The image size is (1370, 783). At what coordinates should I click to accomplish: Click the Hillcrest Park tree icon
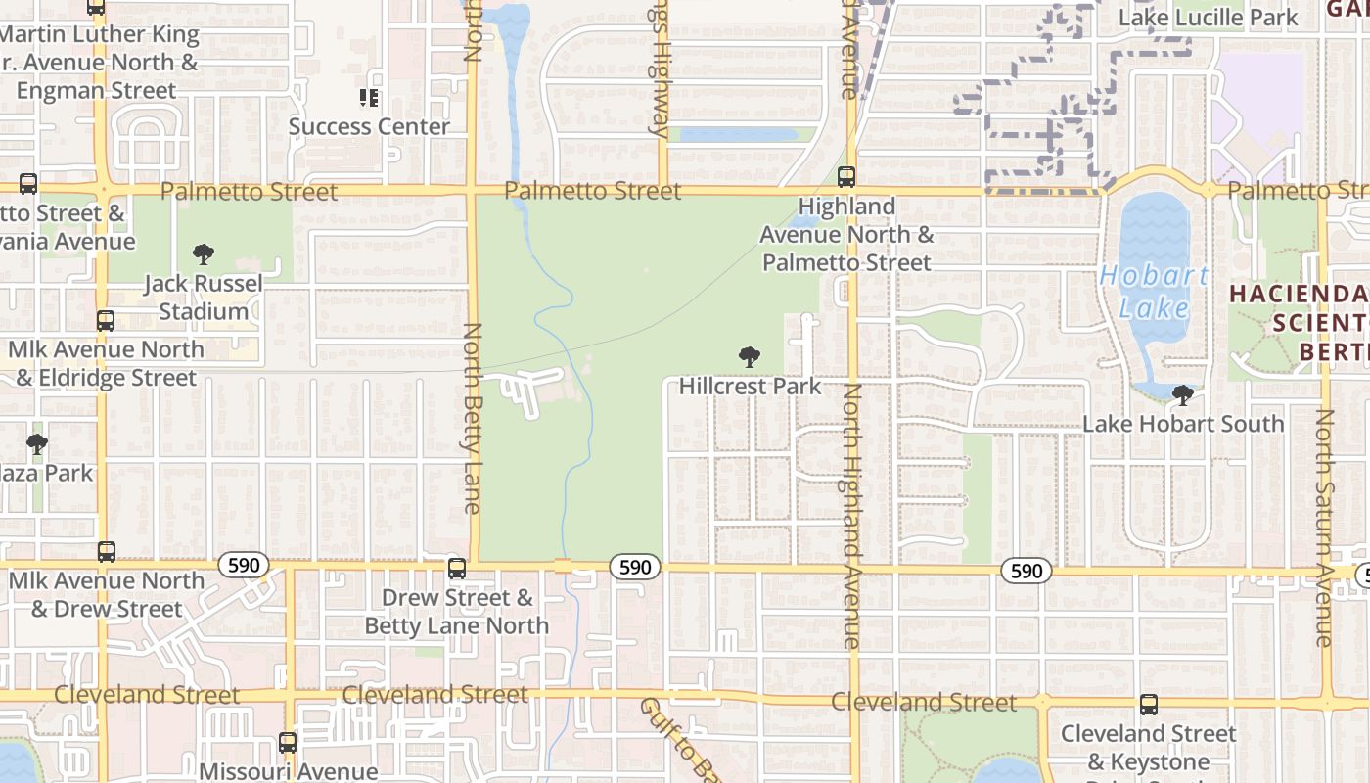750,357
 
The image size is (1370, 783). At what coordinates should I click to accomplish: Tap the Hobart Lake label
1154,292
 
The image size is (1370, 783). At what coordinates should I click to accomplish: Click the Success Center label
369,126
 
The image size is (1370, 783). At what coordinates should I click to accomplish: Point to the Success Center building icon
369,98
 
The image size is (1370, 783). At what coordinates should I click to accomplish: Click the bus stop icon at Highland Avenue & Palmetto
846,177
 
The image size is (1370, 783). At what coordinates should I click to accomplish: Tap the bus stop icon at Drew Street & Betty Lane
457,569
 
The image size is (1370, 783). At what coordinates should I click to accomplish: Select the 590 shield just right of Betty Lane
635,567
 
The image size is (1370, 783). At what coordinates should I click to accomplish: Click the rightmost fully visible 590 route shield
1027,571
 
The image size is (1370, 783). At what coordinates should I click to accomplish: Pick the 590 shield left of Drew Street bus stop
243,565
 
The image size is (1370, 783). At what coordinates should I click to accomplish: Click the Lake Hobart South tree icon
1183,395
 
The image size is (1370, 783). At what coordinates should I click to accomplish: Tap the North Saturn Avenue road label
1324,529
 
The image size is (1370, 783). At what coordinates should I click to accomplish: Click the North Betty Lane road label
473,418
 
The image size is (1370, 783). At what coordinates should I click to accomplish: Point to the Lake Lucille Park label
1208,18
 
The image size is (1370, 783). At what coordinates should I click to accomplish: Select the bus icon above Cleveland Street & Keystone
1149,704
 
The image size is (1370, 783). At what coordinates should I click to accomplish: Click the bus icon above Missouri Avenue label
287,743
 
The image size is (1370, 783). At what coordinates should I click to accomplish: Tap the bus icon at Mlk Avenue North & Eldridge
106,321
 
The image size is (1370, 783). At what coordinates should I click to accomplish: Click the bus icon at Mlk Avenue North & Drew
107,552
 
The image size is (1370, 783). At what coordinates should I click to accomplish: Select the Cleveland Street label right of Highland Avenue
924,703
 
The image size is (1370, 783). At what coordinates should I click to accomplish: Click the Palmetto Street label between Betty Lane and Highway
592,191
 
